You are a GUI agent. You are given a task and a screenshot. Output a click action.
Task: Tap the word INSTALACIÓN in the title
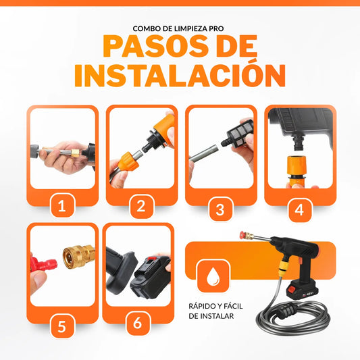[x=180, y=76]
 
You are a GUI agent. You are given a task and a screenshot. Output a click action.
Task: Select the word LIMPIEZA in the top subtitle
[x=186, y=28]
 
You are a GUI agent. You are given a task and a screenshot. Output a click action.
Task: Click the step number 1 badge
[x=62, y=205]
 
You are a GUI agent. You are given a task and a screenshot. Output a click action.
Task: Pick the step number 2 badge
[x=141, y=207]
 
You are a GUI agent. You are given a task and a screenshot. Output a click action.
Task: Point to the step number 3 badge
[x=220, y=209]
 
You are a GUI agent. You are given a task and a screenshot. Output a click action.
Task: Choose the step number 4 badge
[x=300, y=209]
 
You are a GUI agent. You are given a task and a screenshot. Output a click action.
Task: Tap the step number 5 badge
[x=62, y=326]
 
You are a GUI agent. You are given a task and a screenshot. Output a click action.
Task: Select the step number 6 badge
[x=138, y=324]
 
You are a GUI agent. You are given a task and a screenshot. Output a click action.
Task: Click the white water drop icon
[x=213, y=276]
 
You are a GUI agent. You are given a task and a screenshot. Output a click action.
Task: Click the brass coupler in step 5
[x=79, y=257]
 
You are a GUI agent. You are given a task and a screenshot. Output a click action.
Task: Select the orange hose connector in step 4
[x=297, y=171]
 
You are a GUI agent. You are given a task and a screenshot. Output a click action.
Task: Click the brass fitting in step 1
[x=76, y=153]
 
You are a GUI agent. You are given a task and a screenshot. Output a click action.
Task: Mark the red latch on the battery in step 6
[x=151, y=259]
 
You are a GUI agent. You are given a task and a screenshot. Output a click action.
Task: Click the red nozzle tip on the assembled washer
[x=242, y=235]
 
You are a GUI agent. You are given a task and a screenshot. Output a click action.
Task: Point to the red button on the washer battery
[x=292, y=290]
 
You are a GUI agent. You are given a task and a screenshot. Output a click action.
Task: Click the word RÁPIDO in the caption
[x=202, y=306]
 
